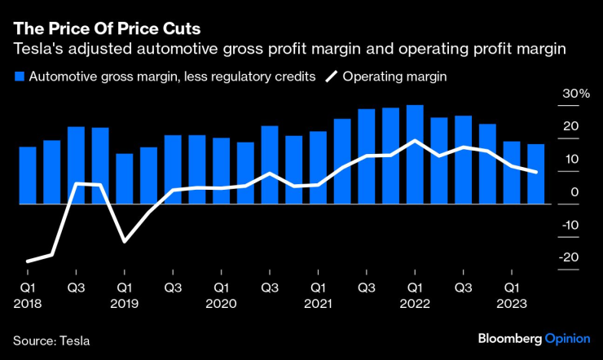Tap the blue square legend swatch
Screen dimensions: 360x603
pyautogui.click(x=19, y=77)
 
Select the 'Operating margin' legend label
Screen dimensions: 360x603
pyautogui.click(x=395, y=77)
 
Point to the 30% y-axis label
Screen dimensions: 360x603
pyautogui.click(x=574, y=94)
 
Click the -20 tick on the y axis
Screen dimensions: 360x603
pyautogui.click(x=570, y=257)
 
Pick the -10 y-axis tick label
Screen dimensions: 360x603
pyautogui.click(x=570, y=225)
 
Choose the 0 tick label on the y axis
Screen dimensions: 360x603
pyautogui.click(x=575, y=192)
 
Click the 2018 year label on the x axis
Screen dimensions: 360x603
pyautogui.click(x=27, y=303)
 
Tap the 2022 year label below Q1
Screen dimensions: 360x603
pyautogui.click(x=414, y=303)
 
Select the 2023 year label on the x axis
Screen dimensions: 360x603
pyautogui.click(x=511, y=303)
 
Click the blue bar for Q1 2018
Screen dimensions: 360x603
pyautogui.click(x=28, y=175)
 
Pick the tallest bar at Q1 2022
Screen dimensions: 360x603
pyautogui.click(x=414, y=155)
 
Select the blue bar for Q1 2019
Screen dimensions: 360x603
pyautogui.click(x=125, y=178)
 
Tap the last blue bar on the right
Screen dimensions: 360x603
pyautogui.click(x=535, y=173)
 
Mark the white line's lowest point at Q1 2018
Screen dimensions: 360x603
pyautogui.click(x=28, y=261)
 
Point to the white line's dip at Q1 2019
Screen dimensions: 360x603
pyautogui.click(x=125, y=241)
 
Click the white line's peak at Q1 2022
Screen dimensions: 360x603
pyautogui.click(x=416, y=141)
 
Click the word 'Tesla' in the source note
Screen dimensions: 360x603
pyautogui.click(x=74, y=339)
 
